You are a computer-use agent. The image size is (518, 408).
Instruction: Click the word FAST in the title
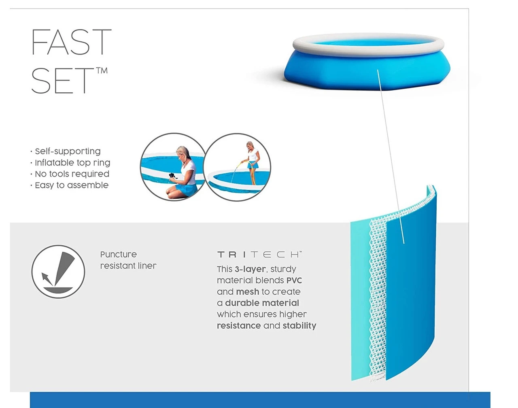(72, 42)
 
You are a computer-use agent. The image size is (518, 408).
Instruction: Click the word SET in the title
(63, 81)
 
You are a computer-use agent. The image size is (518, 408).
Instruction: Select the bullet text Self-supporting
(68, 151)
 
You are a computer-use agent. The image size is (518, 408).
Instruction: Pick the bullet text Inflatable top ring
(72, 163)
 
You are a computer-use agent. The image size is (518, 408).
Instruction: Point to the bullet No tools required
(72, 174)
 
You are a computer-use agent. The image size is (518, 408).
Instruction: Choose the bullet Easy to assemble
(72, 185)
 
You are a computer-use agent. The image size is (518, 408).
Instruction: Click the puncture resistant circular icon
(58, 272)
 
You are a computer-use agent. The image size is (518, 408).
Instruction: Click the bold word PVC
(294, 280)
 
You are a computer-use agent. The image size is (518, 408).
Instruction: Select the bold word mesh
(247, 292)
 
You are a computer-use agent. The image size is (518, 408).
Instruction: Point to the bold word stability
(299, 325)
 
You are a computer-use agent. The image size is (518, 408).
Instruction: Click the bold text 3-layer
(251, 269)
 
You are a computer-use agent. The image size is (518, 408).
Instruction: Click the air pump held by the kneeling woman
(172, 176)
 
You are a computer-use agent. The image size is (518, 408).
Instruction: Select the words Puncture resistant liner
(128, 260)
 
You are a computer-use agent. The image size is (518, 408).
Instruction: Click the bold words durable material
(262, 303)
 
